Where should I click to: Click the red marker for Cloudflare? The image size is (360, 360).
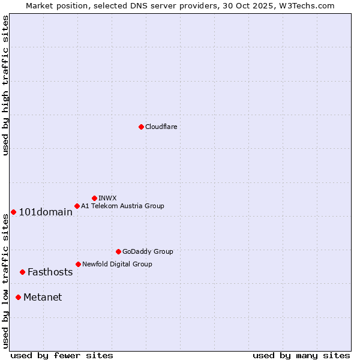tap(141, 127)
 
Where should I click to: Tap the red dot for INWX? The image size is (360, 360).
tap(94, 198)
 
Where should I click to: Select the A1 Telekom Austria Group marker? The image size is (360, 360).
tap(77, 206)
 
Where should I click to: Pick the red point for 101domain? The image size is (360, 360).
tap(13, 212)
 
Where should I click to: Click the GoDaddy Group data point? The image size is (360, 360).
tap(118, 251)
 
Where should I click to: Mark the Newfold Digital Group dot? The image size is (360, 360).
tap(78, 264)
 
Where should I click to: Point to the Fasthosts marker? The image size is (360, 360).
tap(22, 272)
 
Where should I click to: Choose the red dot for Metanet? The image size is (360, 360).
tap(18, 297)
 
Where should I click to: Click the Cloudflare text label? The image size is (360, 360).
tap(161, 127)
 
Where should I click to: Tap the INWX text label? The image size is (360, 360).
tap(107, 198)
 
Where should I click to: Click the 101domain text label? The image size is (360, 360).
tap(46, 212)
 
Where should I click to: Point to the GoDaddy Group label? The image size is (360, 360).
tap(148, 251)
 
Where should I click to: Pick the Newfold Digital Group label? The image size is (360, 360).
tap(117, 264)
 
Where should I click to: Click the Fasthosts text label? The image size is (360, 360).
tap(50, 272)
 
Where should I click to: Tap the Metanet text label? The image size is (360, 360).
tap(43, 297)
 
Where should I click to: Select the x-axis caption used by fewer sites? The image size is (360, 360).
tap(62, 355)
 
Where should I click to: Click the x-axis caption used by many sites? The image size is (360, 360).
tap(301, 355)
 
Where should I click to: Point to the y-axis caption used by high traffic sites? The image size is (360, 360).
tap(5, 85)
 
